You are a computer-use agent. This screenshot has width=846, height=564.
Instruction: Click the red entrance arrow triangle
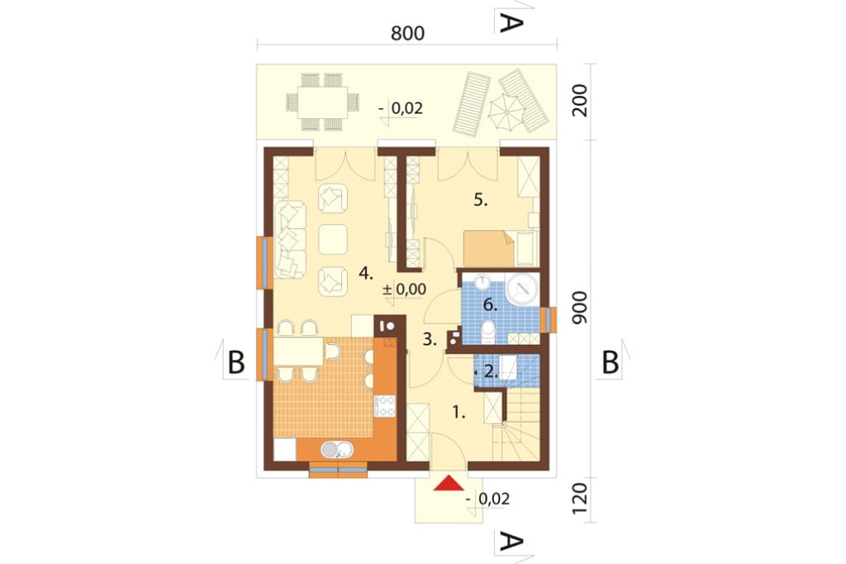pos(449,483)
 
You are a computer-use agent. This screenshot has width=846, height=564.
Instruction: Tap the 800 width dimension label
pos(407,34)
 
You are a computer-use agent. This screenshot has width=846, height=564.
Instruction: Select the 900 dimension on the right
pos(579,308)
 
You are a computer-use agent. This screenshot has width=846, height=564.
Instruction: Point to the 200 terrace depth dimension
pos(580,101)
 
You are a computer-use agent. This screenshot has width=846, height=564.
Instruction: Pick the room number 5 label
pos(481,200)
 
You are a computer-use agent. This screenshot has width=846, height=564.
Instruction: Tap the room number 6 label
pos(490,305)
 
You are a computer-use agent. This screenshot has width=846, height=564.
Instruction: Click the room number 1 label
pos(459,413)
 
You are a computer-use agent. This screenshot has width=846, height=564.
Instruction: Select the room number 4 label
pos(366,274)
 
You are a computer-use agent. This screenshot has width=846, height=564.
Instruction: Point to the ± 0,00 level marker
pos(404,289)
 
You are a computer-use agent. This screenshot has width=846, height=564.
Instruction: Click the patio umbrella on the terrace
pos(506,112)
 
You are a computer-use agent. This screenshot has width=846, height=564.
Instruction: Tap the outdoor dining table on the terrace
pos(323,102)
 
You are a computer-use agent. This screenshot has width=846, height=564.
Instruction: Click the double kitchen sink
pos(337,450)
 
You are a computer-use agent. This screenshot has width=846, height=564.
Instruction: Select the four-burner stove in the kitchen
pos(385,406)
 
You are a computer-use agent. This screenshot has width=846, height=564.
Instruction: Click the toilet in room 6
pos(488,332)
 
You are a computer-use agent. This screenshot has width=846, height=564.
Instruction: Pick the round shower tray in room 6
pos(523,289)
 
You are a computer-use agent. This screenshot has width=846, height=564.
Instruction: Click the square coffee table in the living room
pos(332,239)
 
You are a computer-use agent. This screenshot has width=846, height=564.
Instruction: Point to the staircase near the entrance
pos(517,426)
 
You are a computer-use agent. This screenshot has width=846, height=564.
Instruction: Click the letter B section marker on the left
pos(236,362)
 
